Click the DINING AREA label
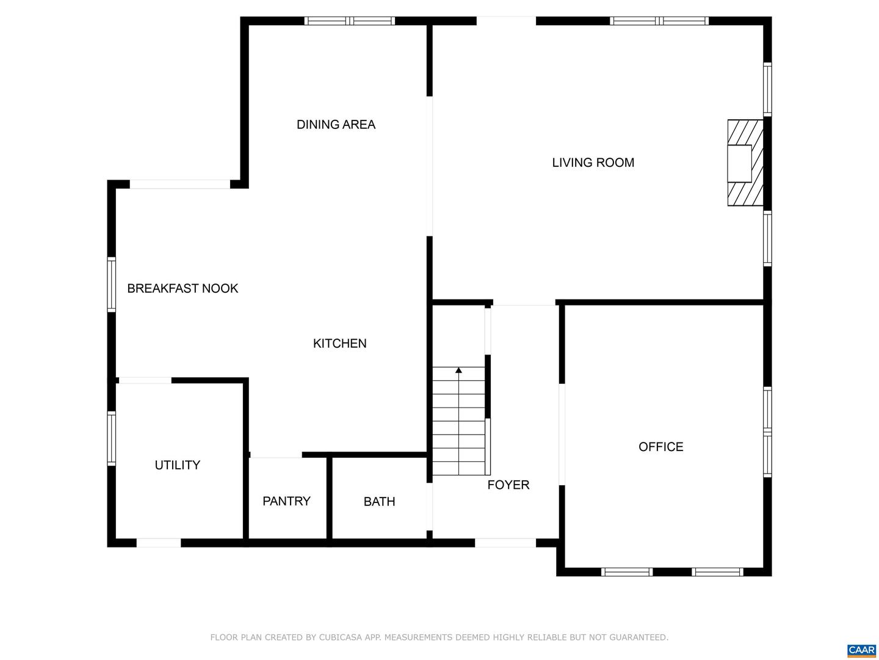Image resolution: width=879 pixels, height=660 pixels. tap(336, 125)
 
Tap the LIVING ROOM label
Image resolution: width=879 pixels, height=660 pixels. tap(593, 163)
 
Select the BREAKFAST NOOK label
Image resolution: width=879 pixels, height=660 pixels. tap(183, 288)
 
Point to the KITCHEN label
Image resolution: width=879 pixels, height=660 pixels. tap(339, 343)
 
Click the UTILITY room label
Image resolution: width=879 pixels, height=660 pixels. tap(177, 465)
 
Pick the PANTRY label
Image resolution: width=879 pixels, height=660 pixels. tap(286, 501)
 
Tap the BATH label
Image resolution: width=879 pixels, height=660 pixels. tap(379, 502)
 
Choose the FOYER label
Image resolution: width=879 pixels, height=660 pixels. tap(508, 485)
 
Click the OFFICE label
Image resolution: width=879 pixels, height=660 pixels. tap(660, 447)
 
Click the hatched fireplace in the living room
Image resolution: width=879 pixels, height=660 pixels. tap(745, 163)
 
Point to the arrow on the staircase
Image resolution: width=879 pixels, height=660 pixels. tap(458, 370)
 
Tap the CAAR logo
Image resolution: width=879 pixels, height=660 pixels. tap(861, 650)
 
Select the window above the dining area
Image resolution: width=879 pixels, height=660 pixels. tap(350, 21)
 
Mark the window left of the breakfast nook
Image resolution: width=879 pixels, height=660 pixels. tap(112, 285)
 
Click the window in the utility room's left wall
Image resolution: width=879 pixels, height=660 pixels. tap(112, 439)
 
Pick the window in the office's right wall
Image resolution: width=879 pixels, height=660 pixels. tap(767, 431)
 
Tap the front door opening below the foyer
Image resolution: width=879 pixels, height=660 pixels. tap(505, 543)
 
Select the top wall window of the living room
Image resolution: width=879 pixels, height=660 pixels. tap(659, 21)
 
